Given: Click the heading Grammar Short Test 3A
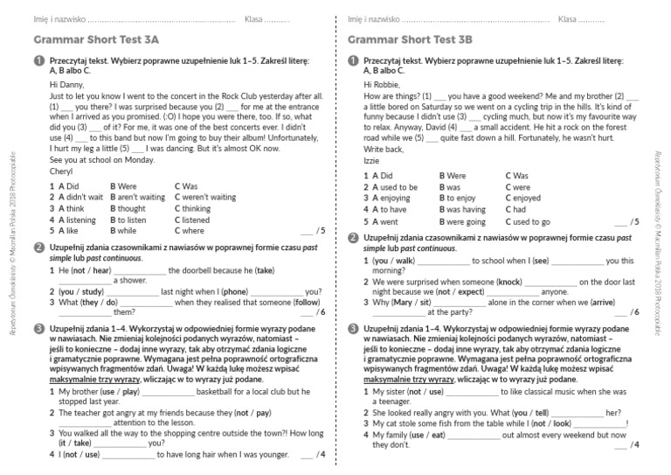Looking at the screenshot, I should pyautogui.click(x=96, y=39).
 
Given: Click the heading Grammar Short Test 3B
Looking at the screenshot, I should pyautogui.click(x=410, y=39).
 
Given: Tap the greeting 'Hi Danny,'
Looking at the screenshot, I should pyautogui.click(x=67, y=85).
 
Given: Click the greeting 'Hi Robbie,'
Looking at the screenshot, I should pyautogui.click(x=383, y=85).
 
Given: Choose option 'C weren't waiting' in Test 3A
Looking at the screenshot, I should pyautogui.click(x=205, y=198).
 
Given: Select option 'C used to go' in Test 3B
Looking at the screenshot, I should pyautogui.click(x=528, y=222).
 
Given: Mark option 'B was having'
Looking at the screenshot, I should pyautogui.click(x=462, y=210).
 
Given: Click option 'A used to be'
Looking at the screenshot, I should pyautogui.click(x=395, y=187).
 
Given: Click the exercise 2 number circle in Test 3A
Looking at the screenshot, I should pyautogui.click(x=38, y=248).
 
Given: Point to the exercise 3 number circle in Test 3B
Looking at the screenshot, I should pyautogui.click(x=352, y=329).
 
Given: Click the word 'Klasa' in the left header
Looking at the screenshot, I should pyautogui.click(x=256, y=18).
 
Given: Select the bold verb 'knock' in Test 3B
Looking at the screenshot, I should pyautogui.click(x=509, y=283).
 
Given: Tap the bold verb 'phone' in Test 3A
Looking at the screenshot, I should pyautogui.click(x=235, y=291).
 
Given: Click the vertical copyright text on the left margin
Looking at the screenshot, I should pyautogui.click(x=11, y=237).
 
